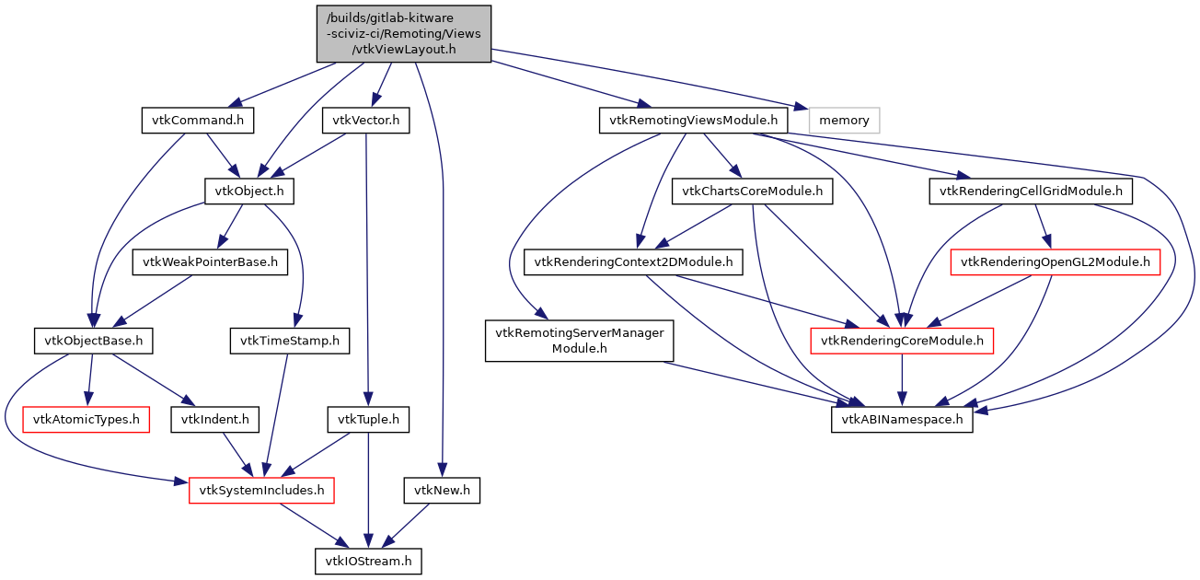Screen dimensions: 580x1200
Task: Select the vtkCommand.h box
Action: coord(197,120)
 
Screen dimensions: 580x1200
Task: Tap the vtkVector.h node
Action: coord(365,120)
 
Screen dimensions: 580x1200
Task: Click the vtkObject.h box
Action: coord(248,191)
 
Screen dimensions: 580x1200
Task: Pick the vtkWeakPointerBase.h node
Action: coord(210,262)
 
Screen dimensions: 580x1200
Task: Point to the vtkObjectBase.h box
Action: coord(93,341)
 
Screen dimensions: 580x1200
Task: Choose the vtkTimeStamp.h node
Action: coord(290,341)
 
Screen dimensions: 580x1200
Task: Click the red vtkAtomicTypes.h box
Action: coord(87,420)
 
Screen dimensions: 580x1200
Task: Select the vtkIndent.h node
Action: coord(213,420)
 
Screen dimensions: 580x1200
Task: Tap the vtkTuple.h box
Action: coord(368,420)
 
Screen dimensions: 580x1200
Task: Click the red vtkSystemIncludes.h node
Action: coord(260,491)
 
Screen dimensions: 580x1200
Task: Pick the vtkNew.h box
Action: coord(442,491)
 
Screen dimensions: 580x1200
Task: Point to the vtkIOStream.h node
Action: coord(368,561)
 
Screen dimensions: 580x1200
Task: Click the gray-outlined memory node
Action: coord(844,120)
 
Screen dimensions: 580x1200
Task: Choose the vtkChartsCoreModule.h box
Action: coord(753,191)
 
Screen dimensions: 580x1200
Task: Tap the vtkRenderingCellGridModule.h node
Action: coord(1030,191)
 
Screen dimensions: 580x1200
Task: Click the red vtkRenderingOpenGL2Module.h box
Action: coord(1055,262)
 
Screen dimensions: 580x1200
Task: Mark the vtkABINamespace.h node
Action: coord(902,420)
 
